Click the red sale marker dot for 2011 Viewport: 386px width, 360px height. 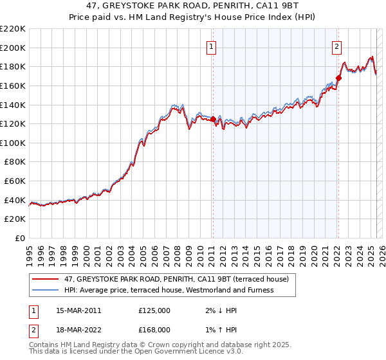[x=213, y=119]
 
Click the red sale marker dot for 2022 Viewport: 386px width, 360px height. [x=338, y=78]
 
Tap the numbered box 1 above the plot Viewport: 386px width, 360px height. [x=212, y=46]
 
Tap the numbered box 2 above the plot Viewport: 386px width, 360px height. [x=336, y=46]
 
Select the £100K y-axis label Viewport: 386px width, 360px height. [x=13, y=143]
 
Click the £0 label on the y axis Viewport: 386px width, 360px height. [x=19, y=239]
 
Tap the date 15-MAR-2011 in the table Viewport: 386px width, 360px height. [x=79, y=310]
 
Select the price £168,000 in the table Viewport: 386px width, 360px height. [x=154, y=330]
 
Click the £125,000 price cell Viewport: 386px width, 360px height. [x=154, y=310]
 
